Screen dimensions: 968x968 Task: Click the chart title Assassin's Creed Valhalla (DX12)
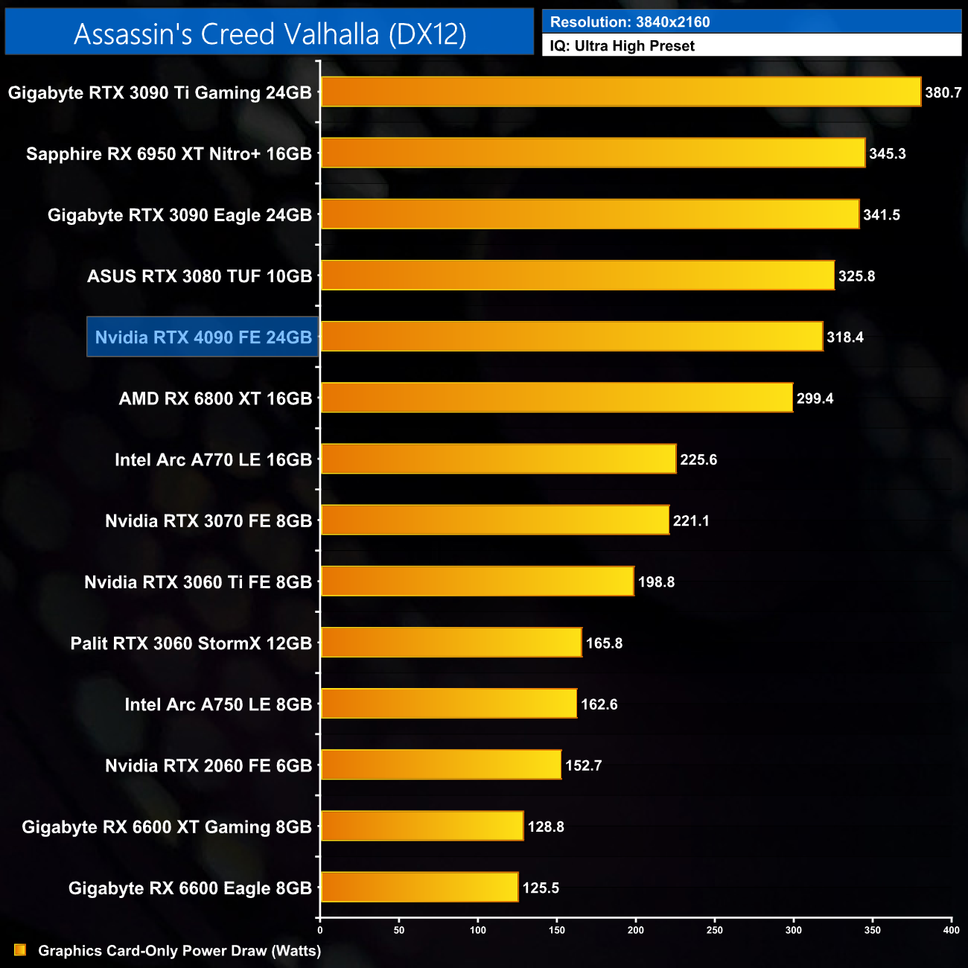[270, 34]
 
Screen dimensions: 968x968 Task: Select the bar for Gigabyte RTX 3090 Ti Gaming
[620, 92]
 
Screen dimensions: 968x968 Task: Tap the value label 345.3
[887, 154]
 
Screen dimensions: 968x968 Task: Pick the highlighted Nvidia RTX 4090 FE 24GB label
[203, 337]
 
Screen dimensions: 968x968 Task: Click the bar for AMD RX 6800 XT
[556, 398]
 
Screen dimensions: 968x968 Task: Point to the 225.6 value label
[698, 459]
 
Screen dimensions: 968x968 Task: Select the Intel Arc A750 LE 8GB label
[218, 704]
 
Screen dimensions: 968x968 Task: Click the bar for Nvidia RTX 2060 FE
[440, 765]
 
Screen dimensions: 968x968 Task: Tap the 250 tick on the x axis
[714, 930]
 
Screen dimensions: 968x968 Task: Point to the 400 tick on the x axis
[951, 930]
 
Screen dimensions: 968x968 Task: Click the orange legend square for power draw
[20, 950]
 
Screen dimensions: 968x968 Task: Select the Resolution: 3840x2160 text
[630, 22]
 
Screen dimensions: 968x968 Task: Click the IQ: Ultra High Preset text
[622, 46]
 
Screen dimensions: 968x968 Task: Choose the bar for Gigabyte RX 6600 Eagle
[419, 887]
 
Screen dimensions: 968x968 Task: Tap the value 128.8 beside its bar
[545, 827]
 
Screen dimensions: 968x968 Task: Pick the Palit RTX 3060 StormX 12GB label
[191, 643]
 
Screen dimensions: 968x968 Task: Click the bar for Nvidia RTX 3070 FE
[494, 520]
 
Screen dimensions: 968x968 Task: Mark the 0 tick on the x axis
[320, 930]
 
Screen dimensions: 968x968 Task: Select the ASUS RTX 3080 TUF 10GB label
[200, 276]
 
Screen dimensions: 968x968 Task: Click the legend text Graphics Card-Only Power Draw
[179, 951]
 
